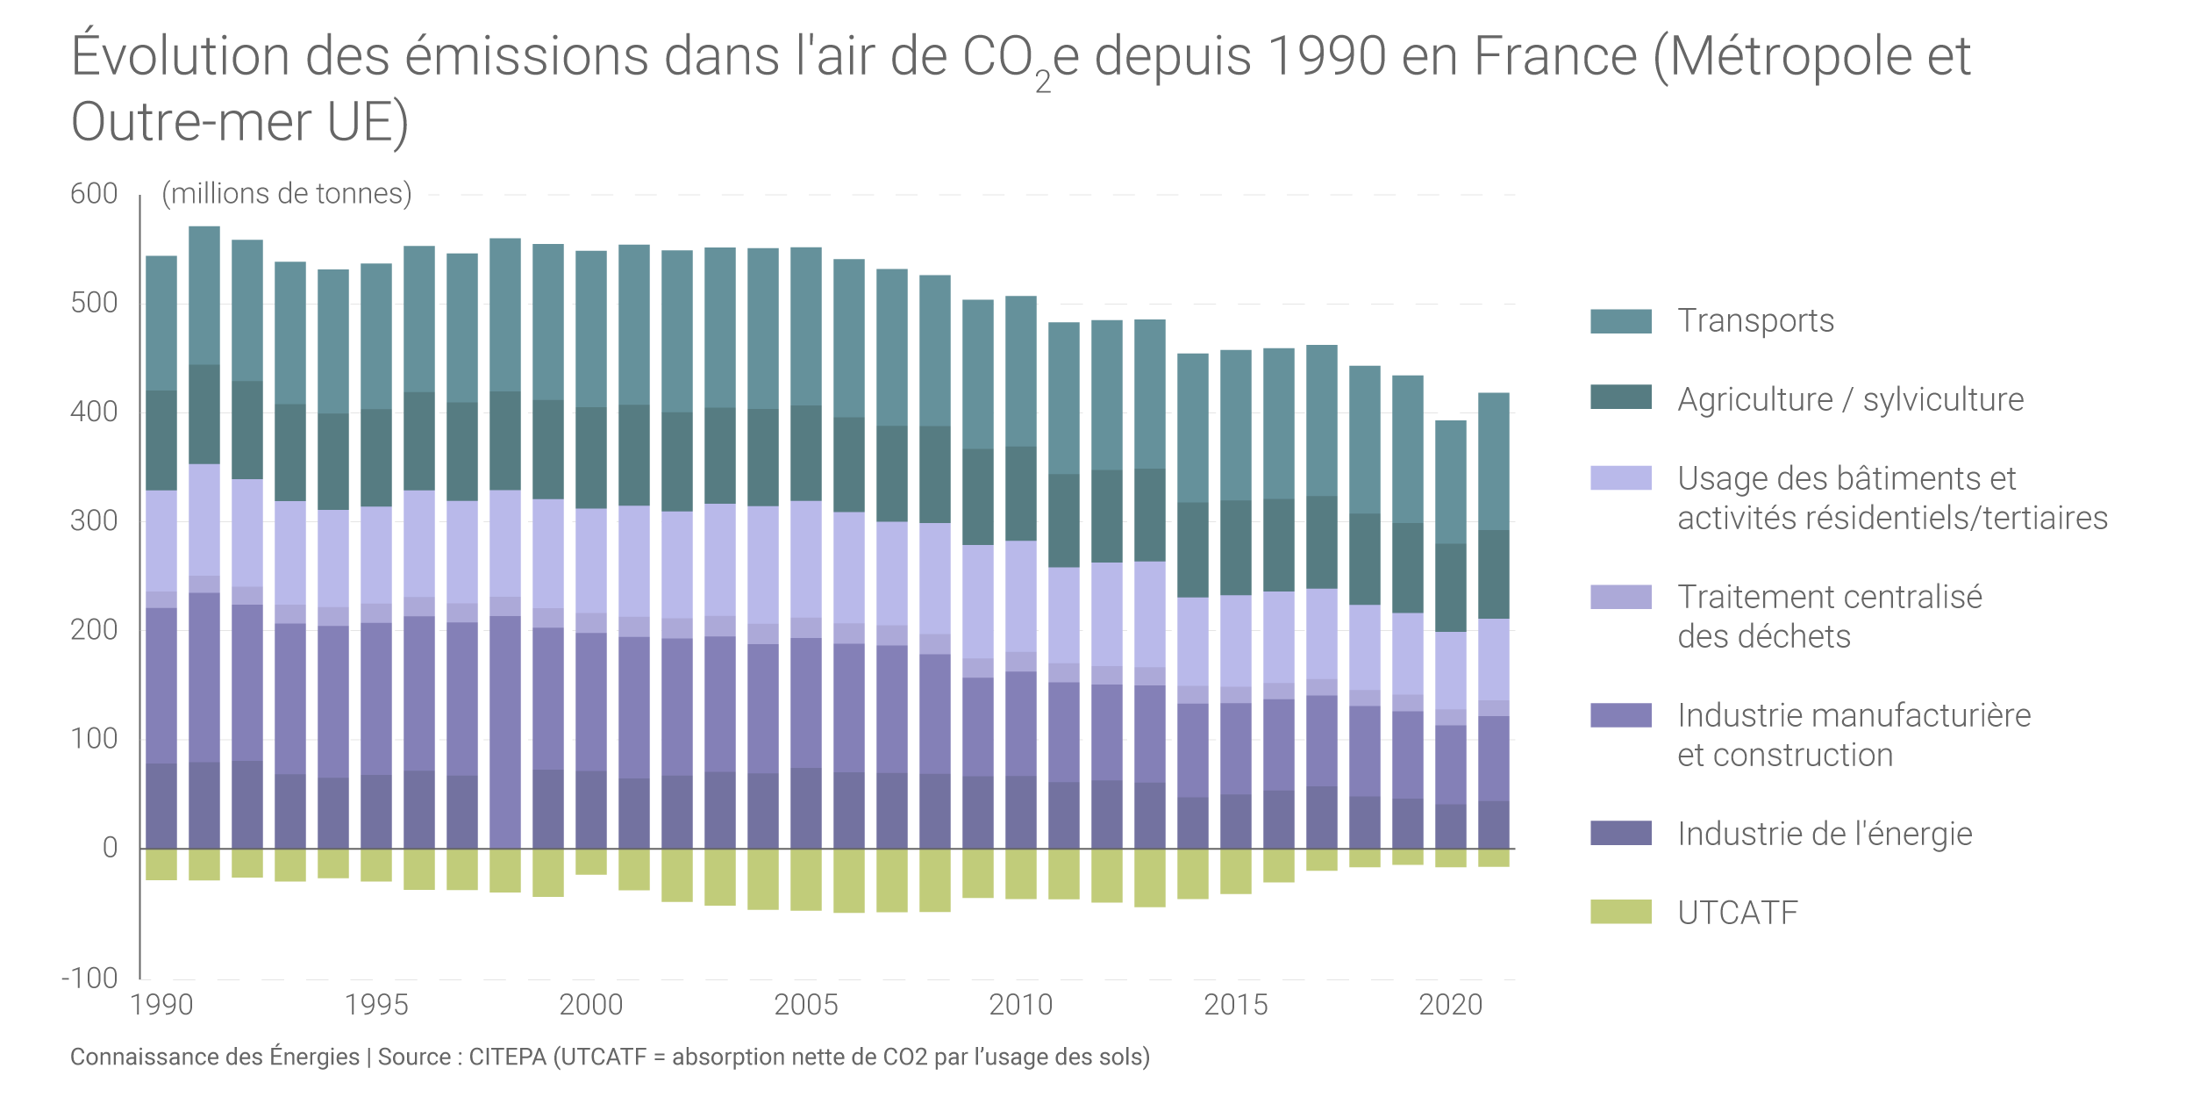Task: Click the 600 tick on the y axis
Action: pos(94,194)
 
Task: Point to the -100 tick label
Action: pos(89,978)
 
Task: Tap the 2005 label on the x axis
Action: pos(805,1005)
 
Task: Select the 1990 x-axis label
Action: pos(161,1005)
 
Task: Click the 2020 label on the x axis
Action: pos(1450,1005)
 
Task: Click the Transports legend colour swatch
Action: pos(1620,321)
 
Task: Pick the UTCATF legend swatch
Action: pos(1620,912)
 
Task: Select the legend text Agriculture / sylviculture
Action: pos(1850,400)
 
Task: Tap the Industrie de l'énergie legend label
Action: pos(1824,834)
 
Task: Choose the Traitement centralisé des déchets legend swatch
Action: pos(1620,597)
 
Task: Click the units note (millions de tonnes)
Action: pos(287,194)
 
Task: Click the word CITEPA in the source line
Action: pos(507,1057)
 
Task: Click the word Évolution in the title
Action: pos(180,56)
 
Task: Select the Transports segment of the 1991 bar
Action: pos(204,296)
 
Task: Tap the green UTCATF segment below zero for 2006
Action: pos(848,880)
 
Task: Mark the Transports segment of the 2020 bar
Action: pos(1450,483)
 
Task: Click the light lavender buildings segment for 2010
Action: pos(1020,597)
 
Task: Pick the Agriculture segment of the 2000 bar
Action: pos(590,458)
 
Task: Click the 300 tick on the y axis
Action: pos(94,521)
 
